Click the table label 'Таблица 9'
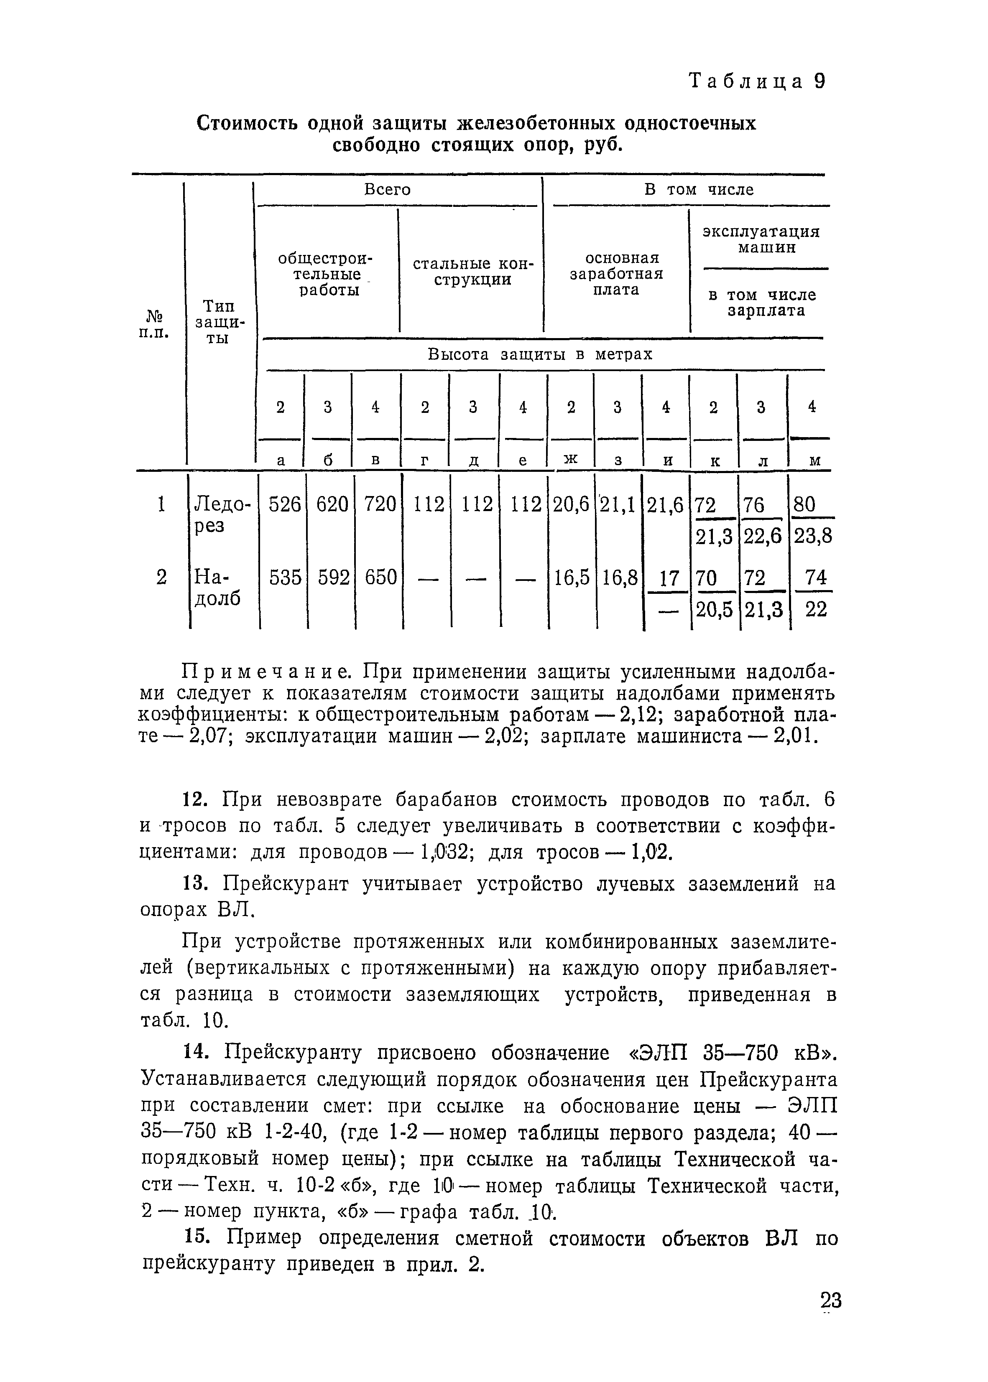point(756,81)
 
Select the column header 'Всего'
point(388,190)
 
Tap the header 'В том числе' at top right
point(698,190)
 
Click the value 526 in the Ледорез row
point(285,504)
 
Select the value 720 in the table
point(380,504)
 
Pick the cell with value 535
point(285,576)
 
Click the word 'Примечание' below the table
point(267,673)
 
